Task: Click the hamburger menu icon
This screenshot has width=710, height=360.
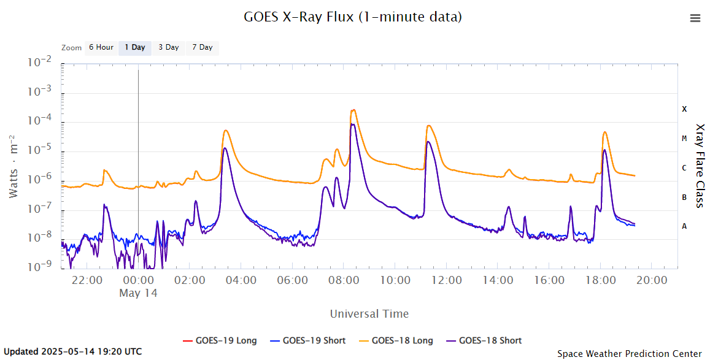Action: [x=695, y=18]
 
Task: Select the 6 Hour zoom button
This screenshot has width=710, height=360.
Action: [x=101, y=47]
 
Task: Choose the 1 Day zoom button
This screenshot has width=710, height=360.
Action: [x=134, y=47]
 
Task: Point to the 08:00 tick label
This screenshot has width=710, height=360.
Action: [x=344, y=280]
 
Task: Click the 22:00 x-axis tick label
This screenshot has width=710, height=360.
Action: [x=87, y=280]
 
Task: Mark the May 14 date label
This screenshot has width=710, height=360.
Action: [x=138, y=293]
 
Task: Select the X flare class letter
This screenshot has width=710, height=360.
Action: [x=684, y=109]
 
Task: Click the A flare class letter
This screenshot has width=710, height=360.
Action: [x=684, y=226]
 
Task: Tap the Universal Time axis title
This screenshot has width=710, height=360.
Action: [x=369, y=314]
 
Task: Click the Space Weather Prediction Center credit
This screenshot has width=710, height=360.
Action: [x=630, y=353]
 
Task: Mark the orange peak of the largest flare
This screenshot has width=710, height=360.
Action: [x=353, y=110]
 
